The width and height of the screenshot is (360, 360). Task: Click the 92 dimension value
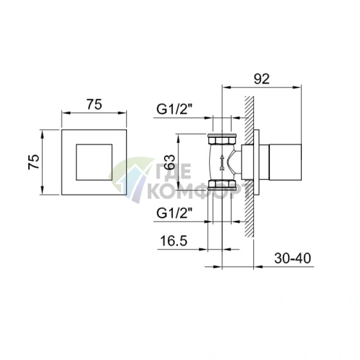click(x=261, y=78)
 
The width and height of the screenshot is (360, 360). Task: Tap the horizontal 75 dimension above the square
click(x=94, y=105)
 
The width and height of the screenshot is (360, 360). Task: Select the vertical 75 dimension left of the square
click(x=33, y=162)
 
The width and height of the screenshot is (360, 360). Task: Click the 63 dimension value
click(x=169, y=162)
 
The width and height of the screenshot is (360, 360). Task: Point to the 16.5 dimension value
click(x=173, y=241)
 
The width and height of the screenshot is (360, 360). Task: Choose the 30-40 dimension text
click(x=292, y=258)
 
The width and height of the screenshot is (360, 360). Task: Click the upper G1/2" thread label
click(x=174, y=110)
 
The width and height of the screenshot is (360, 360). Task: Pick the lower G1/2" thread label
click(x=174, y=213)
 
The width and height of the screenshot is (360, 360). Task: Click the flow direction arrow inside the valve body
click(x=221, y=163)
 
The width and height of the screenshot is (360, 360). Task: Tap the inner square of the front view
click(x=94, y=163)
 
